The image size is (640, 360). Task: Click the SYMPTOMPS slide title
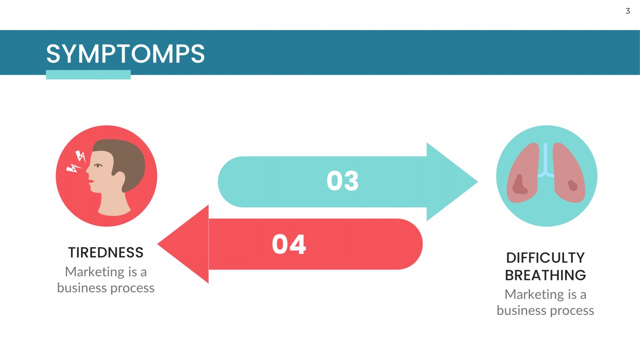pyautogui.click(x=125, y=54)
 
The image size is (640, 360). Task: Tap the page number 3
pyautogui.click(x=628, y=11)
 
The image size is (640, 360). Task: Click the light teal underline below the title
pyautogui.click(x=88, y=75)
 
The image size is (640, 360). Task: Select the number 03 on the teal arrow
pyautogui.click(x=343, y=181)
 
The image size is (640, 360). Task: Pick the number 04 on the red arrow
pyautogui.click(x=289, y=244)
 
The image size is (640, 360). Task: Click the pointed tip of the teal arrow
pyautogui.click(x=477, y=182)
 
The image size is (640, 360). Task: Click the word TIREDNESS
pyautogui.click(x=106, y=253)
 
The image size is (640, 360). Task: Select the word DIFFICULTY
pyautogui.click(x=545, y=258)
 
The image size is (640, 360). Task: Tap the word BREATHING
pyautogui.click(x=545, y=275)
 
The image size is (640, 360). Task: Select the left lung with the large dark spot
pyautogui.click(x=523, y=173)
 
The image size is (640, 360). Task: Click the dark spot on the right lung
pyautogui.click(x=573, y=185)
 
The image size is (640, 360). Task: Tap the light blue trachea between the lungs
pyautogui.click(x=545, y=160)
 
